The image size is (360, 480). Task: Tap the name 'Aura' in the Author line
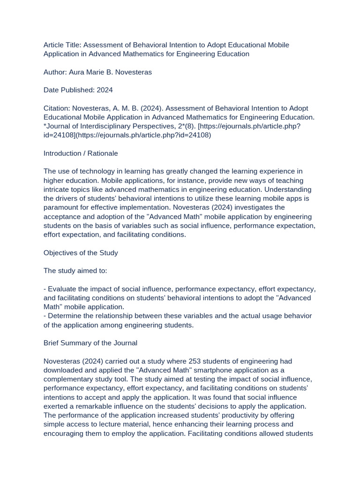(x=77, y=72)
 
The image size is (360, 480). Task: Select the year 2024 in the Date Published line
(x=105, y=90)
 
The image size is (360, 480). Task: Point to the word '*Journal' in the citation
(x=58, y=126)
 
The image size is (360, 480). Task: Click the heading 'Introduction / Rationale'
(x=81, y=153)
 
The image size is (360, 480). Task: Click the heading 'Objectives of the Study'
(x=81, y=253)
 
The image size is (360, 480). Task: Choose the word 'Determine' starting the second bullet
(x=64, y=316)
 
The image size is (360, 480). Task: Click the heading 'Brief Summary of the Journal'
(x=90, y=343)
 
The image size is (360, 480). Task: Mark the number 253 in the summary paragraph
(x=195, y=361)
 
